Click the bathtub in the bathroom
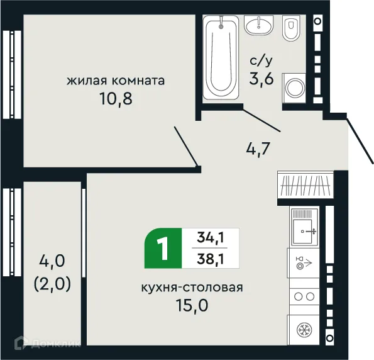223,57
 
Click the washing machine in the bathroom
293,87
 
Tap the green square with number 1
163,247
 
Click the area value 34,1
211,237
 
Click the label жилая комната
116,81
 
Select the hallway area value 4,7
258,150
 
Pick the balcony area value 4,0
52,260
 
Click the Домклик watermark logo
43,343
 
